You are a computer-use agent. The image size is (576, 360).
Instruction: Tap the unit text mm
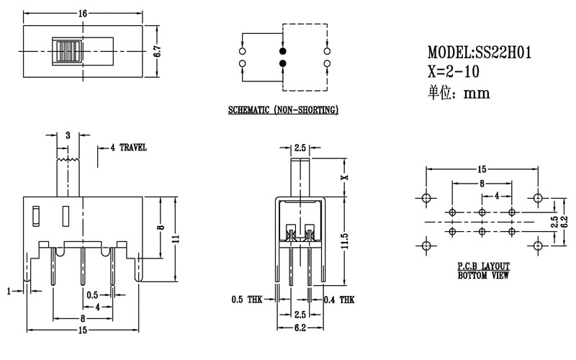pos(477,92)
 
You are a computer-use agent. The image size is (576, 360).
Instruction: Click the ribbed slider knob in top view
pos(68,52)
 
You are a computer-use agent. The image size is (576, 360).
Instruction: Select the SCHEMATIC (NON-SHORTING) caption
pos(283,111)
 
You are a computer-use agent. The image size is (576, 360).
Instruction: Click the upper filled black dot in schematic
pos(283,52)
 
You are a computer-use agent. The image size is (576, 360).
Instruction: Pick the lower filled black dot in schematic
pos(283,64)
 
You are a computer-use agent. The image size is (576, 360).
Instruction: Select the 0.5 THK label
pos(246,300)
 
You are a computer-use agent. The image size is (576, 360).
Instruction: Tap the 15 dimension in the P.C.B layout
pos(482,169)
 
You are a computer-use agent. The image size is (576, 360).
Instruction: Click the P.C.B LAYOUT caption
pos(482,267)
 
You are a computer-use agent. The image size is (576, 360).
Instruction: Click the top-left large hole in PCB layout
pos(426,198)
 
